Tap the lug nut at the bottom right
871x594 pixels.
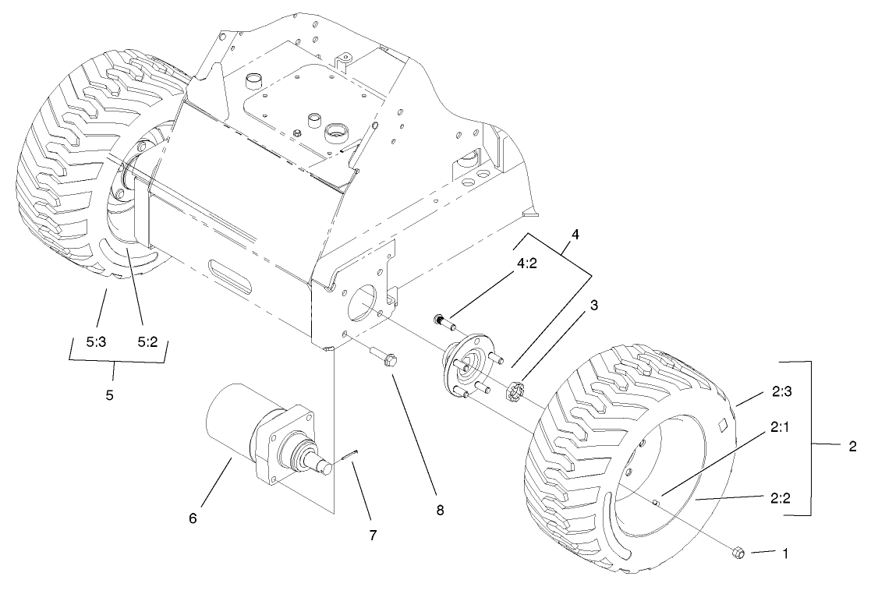pos(738,553)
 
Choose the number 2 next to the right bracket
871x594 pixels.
pos(852,447)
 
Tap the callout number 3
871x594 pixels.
pos(594,306)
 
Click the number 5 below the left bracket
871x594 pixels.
pos(109,394)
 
